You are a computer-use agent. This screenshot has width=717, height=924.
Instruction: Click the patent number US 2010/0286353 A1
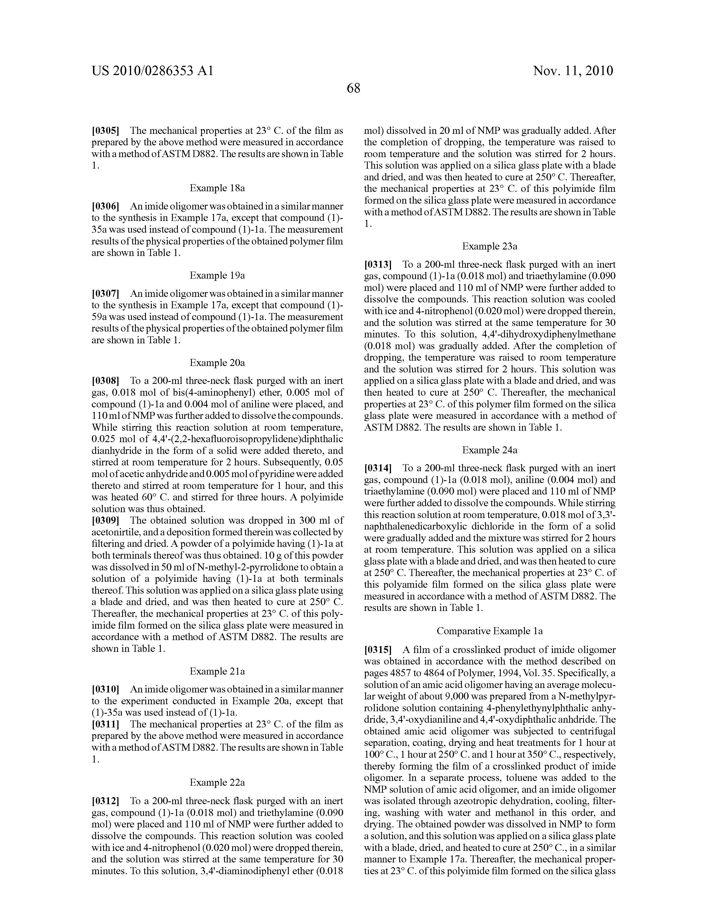152,71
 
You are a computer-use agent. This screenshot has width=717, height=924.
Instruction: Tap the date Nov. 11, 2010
573,71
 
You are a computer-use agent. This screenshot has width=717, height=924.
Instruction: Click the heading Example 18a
217,188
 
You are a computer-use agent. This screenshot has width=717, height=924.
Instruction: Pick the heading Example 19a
217,276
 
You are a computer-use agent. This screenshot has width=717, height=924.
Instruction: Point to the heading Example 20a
217,363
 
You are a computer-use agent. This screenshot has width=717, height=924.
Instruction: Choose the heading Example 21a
217,671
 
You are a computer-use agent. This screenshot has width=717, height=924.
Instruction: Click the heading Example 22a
217,782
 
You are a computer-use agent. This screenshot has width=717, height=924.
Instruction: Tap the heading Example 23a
490,246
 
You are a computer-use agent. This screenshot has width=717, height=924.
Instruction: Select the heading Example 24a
490,450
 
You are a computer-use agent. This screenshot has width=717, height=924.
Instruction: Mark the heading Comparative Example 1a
490,631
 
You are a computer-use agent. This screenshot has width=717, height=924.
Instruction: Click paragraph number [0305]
105,131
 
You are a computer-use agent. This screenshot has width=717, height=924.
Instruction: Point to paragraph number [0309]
105,521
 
